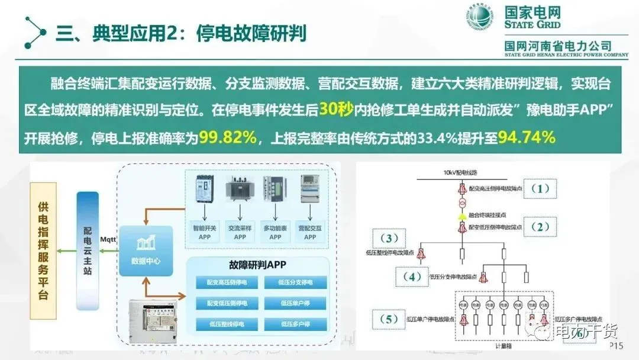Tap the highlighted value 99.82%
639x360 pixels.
tap(228, 137)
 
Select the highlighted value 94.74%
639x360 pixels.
tap(526, 137)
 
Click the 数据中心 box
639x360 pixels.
tap(146, 250)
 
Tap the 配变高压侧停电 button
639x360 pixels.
tap(227, 282)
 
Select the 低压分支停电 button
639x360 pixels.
tap(295, 282)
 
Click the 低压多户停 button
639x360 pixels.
tap(295, 324)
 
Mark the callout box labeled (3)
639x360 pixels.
tap(389, 239)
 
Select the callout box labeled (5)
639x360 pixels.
tap(389, 320)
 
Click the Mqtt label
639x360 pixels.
tap(109, 240)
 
